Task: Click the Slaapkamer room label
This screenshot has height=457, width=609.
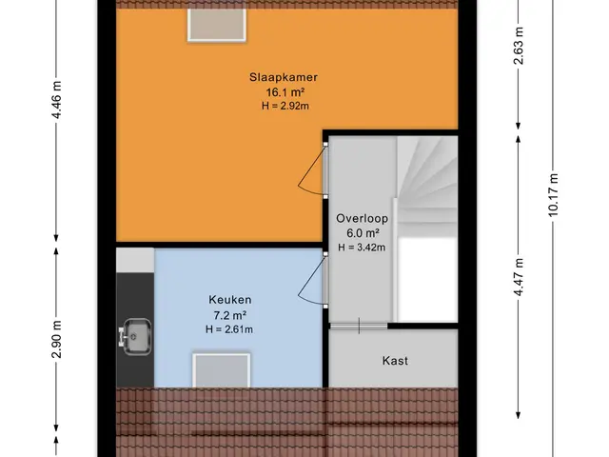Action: coord(284,77)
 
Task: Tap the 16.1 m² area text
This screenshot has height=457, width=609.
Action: coord(285,92)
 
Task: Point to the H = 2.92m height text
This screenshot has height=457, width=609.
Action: coord(285,106)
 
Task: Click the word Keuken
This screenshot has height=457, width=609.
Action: coord(230,300)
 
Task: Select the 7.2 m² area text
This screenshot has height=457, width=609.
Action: coord(230,315)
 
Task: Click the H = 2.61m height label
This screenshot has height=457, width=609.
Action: coord(229,329)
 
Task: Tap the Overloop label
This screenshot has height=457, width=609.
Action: coord(362,218)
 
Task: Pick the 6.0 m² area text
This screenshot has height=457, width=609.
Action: coord(363,233)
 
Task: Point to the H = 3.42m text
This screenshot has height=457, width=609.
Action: coord(362,248)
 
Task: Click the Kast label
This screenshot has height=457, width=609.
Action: coord(395,361)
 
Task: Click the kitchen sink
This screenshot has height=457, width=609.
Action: coord(135,336)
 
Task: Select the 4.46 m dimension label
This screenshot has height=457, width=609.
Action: coord(57,100)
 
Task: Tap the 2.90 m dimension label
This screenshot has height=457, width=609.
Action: coord(57,339)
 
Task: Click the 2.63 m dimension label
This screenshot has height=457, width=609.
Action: coord(519,46)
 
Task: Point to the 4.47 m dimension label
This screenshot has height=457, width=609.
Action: coord(519,277)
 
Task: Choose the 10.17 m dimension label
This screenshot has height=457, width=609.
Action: coord(553,194)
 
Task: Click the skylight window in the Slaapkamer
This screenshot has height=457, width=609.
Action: coord(217,25)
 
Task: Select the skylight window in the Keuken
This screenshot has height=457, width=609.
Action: coord(222,370)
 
